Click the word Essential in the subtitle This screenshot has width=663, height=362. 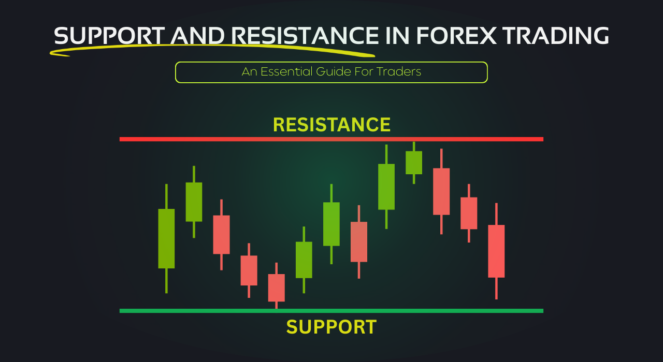tap(288, 72)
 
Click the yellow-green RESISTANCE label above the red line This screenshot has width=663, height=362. tap(331, 125)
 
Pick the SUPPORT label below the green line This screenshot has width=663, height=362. tap(331, 327)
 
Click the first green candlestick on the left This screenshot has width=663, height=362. tap(166, 238)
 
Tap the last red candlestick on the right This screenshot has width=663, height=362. tap(496, 251)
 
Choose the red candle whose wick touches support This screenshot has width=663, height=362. tap(276, 288)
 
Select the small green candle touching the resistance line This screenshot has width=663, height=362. tap(414, 162)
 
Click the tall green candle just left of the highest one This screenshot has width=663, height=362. tap(386, 187)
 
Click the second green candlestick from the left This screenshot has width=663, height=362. tap(194, 202)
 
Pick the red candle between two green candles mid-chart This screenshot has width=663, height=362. tap(359, 242)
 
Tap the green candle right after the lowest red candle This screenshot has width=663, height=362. tap(304, 260)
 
